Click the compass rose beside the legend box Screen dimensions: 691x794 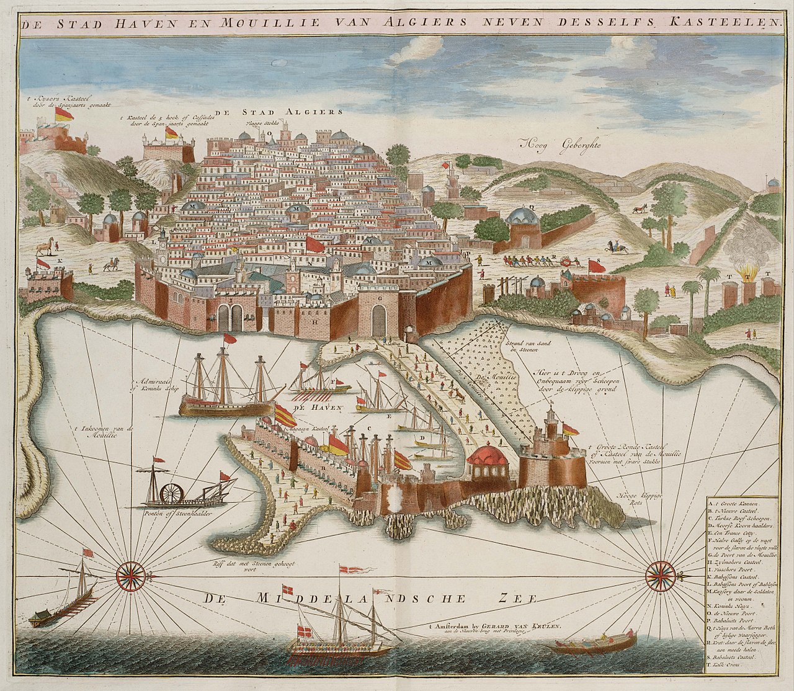click(659, 574)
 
